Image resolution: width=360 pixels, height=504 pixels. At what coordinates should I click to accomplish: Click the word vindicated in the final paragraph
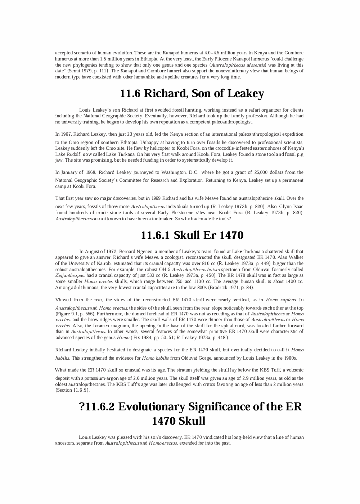pyautogui.click(x=213, y=437)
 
